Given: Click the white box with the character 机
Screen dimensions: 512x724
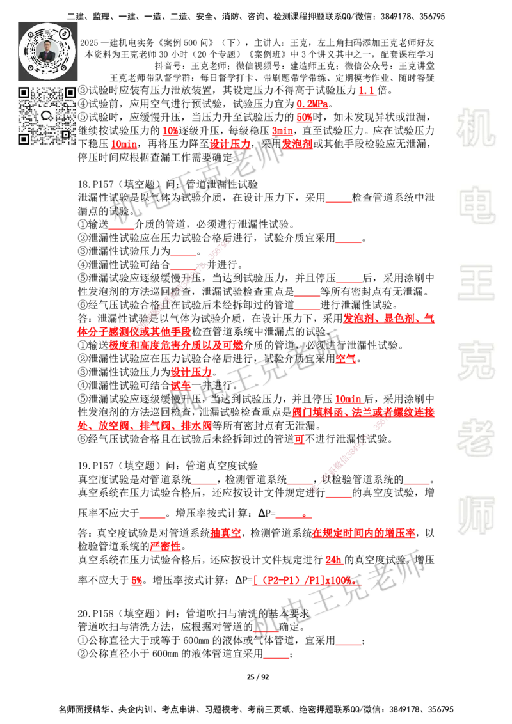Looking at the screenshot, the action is (476, 128).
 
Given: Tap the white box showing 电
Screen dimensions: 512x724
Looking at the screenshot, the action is (478, 205).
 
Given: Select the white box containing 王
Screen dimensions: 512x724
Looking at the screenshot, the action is (476, 283).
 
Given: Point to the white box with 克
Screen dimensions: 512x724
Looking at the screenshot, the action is (476, 361).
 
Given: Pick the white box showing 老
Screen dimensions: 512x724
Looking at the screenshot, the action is (476, 437).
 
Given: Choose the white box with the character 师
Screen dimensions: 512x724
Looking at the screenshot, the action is (476, 517).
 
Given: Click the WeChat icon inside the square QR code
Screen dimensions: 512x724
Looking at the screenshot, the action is (47, 116).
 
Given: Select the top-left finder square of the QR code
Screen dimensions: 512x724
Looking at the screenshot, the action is (24, 92).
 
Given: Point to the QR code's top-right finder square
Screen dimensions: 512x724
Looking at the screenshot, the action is (70, 92).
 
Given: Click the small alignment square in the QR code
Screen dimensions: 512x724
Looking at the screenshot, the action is (65, 134).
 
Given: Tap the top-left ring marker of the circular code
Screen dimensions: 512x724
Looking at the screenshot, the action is (30, 35).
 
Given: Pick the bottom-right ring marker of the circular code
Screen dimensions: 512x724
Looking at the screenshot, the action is (63, 68).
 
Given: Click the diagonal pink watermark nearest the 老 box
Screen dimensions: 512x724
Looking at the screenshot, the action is (352, 451).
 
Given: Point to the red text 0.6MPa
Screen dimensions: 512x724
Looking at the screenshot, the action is (312, 104).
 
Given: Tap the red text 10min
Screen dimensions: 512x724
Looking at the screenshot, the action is (345, 398).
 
